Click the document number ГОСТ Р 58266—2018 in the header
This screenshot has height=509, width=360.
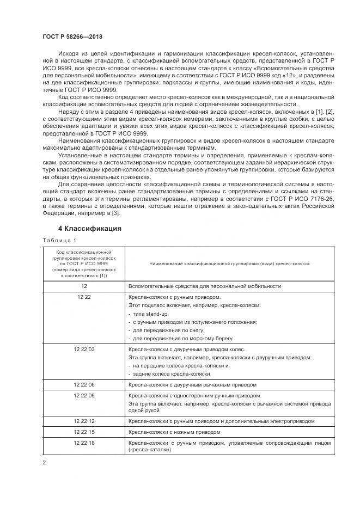coord(72,36)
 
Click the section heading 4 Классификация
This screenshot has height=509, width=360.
coord(89,229)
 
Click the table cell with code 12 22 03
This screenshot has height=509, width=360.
coord(84,349)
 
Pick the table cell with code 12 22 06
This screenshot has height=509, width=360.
coord(84,384)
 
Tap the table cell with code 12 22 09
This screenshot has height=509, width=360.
coord(84,395)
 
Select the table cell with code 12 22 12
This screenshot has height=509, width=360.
coord(84,421)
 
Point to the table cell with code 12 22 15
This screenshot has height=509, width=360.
coord(84,432)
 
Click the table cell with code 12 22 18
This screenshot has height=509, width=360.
coord(84,443)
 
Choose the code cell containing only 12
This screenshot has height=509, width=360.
coord(84,286)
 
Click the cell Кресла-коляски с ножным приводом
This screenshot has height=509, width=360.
coord(174,432)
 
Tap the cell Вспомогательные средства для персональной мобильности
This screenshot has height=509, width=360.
coord(204,286)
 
